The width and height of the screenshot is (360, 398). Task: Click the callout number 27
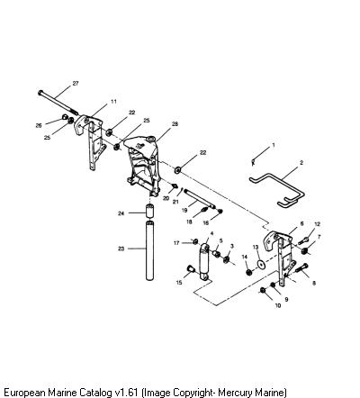pos(76,83)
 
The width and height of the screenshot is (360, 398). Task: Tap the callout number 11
pos(113,102)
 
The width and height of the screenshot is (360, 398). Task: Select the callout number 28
pos(175,124)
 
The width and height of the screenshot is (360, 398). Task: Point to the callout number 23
pos(121,249)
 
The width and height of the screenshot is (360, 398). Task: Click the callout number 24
pos(121,213)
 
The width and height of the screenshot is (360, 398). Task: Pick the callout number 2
pos(301,163)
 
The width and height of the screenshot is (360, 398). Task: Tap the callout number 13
pos(256,247)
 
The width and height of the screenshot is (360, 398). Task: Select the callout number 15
pos(179,283)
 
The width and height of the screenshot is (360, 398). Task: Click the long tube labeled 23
pos(149,250)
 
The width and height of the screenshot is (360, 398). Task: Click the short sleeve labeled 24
pos(149,211)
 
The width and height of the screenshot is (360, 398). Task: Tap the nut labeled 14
pos(248,272)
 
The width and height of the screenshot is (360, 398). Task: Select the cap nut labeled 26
pos(65,116)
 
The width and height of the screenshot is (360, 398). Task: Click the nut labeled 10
pos(263,290)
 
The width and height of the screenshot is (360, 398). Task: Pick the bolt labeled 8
pos(302,267)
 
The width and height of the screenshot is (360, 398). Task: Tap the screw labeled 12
pos(303,240)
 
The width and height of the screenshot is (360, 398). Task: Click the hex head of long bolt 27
pos(40,92)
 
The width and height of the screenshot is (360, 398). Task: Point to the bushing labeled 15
pos(191,268)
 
